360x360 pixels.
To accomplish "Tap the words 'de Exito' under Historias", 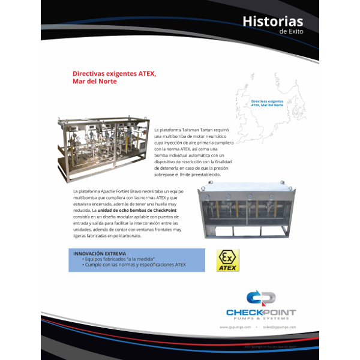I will pos(292,32).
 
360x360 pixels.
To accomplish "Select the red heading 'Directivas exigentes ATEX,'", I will pos(114,74).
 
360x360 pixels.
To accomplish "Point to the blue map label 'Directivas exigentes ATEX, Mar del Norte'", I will pos(267,103).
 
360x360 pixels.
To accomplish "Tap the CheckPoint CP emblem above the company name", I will pos(260,299).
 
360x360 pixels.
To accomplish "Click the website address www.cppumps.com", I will pos(232,328).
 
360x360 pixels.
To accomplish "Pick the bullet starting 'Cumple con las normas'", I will pos(135,264).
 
